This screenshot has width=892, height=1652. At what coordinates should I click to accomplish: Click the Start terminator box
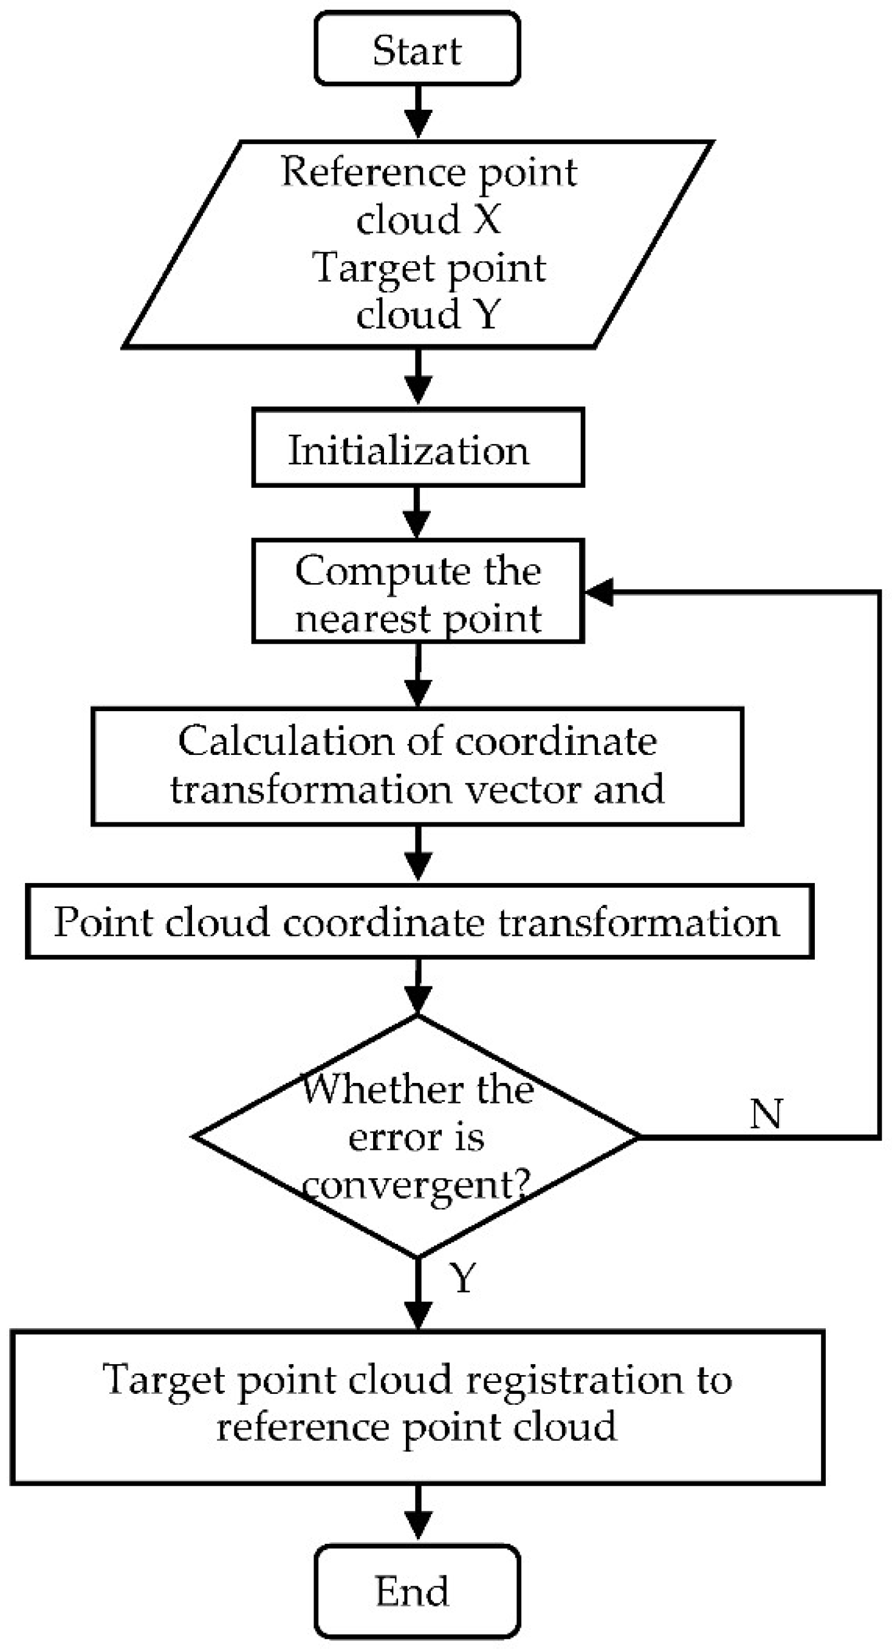tap(416, 49)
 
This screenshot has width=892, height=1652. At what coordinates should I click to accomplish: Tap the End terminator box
tap(416, 1591)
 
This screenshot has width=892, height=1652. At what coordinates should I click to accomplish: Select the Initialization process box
tap(418, 448)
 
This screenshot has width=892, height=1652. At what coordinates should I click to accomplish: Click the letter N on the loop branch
tap(766, 1114)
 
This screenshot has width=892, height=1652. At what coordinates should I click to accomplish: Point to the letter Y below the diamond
tap(464, 1278)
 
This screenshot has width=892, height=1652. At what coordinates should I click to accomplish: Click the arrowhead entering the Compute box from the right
tap(599, 592)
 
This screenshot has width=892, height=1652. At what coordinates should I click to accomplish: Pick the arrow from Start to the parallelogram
tap(418, 112)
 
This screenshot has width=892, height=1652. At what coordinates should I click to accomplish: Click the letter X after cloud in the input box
tap(487, 219)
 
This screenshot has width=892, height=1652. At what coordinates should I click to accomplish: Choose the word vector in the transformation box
tap(523, 790)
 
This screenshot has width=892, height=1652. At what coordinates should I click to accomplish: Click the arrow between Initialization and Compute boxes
tap(418, 513)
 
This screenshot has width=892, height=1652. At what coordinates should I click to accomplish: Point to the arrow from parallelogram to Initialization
tap(418, 377)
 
